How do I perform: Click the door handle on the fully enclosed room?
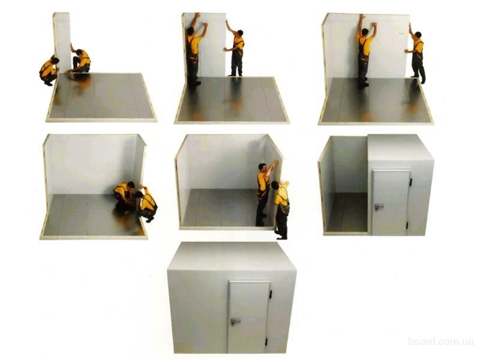[x=235, y=321]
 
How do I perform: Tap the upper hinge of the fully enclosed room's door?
[x=271, y=294]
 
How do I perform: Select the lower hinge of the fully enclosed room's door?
[x=266, y=341]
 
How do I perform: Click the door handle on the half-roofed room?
[x=379, y=206]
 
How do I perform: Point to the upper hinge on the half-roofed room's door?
[x=410, y=182]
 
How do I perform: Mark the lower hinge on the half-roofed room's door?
[x=407, y=226]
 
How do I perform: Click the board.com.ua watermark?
[x=441, y=341]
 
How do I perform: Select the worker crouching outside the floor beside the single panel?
[x=49, y=70]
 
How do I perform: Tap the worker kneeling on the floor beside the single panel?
[x=80, y=59]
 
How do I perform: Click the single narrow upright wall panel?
[x=62, y=43]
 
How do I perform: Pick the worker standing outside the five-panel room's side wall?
[x=281, y=209]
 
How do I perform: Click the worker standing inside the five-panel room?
[x=264, y=193]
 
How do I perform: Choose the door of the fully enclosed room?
[x=248, y=317]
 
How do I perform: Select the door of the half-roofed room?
[x=391, y=202]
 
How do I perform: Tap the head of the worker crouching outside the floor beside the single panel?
[x=55, y=61]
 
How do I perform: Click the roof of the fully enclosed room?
[x=232, y=257]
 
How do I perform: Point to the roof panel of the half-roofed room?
[x=400, y=148]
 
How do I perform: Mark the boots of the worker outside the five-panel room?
[x=281, y=236]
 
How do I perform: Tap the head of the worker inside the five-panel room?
[x=262, y=167]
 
